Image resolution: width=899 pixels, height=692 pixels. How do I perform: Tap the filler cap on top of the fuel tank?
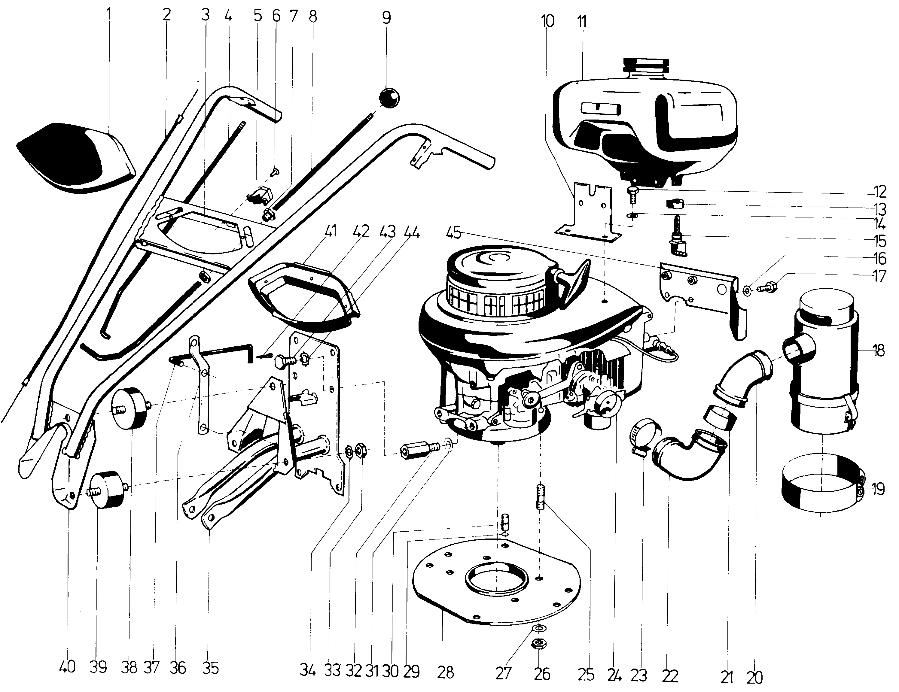[647, 65]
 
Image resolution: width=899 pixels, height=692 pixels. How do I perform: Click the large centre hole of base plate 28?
[496, 581]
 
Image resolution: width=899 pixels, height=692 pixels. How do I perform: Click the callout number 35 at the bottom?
[210, 668]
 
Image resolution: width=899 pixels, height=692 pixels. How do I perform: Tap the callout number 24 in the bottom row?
[614, 675]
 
